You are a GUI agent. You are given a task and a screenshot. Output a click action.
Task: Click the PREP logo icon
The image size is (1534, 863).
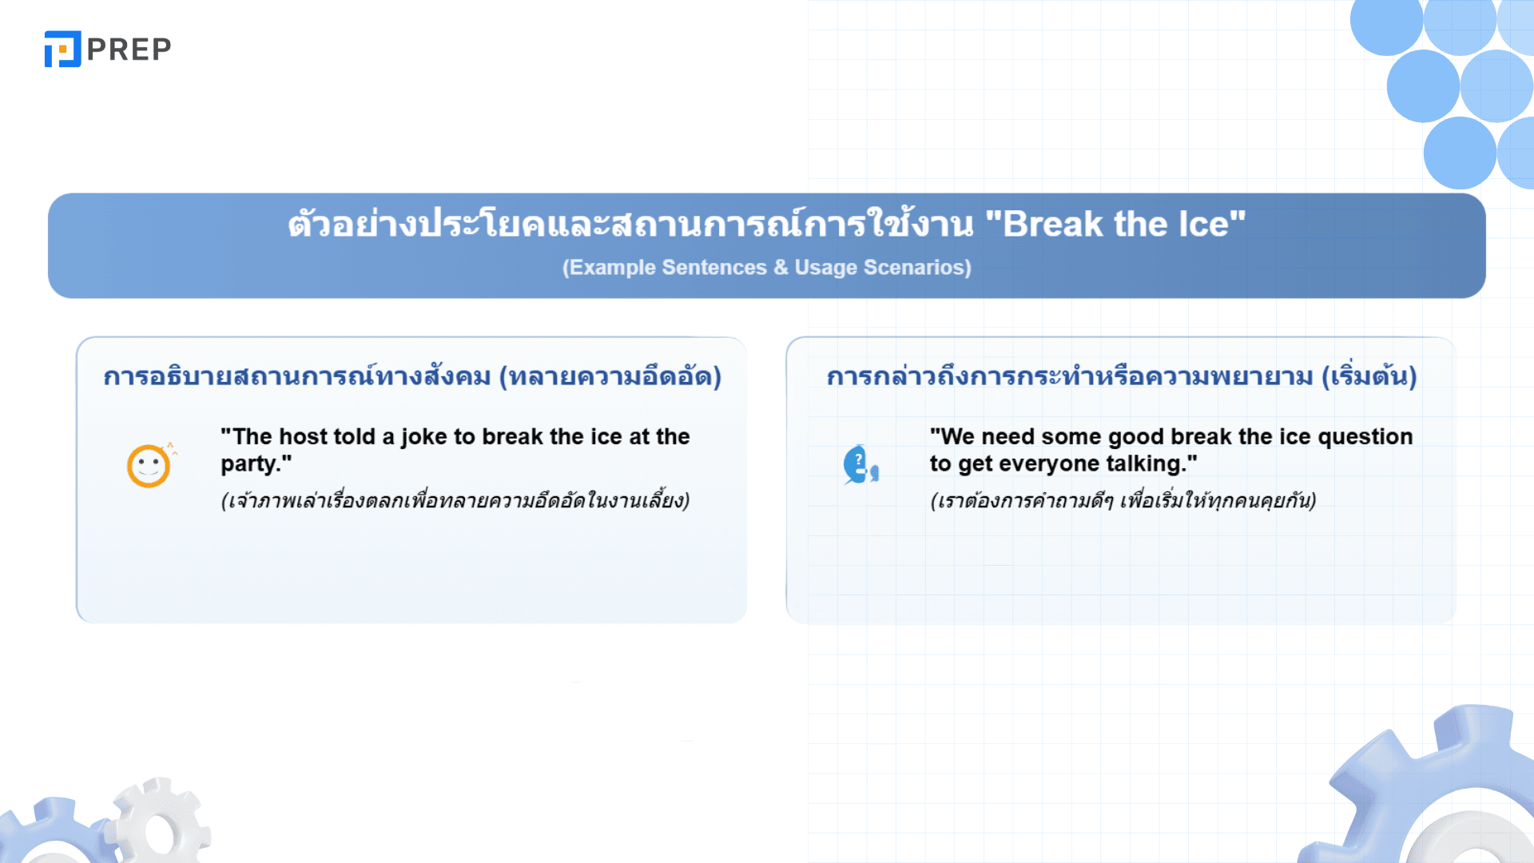pos(62,49)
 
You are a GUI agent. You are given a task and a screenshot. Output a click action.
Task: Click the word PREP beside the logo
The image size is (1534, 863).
pos(129,50)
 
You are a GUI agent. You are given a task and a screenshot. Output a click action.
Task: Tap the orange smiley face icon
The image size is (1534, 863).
pos(149,465)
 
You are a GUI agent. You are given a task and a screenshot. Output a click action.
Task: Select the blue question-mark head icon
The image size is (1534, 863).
pos(860,465)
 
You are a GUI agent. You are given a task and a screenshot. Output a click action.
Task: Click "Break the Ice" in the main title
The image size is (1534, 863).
pos(1115,224)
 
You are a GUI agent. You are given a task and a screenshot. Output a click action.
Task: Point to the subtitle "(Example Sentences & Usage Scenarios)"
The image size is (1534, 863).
pos(767,267)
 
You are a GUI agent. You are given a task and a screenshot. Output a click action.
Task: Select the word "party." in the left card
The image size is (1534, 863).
pos(256,464)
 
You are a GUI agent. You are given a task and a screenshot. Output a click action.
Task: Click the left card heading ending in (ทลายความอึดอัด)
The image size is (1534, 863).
pos(412,376)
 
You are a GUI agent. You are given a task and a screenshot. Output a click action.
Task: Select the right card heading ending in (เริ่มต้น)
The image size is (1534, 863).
pos(1122,376)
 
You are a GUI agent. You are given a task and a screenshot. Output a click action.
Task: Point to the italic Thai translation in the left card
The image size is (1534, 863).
pos(455,501)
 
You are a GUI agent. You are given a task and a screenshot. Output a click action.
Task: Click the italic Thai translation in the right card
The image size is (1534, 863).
pos(1123,501)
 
